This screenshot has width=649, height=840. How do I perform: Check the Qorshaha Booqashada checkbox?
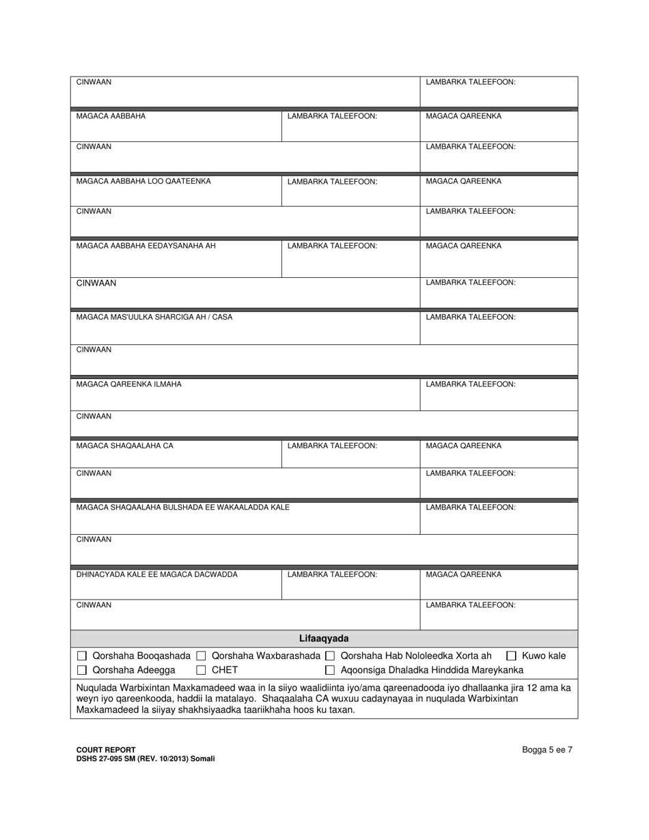coord(82,656)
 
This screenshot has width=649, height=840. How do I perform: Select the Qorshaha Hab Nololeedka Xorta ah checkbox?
coord(330,656)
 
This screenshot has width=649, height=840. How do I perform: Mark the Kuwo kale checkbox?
coord(511,656)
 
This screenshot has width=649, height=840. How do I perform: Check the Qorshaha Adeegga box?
coord(82,671)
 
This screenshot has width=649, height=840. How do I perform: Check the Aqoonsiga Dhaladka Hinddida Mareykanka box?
coord(330,671)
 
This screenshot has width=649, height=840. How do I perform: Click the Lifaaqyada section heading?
coord(324,639)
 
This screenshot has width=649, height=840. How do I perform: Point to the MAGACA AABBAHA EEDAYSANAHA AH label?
coord(146,247)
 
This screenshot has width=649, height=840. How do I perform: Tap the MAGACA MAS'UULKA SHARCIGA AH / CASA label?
coord(154,318)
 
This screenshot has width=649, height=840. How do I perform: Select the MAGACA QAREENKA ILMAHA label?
coord(129,384)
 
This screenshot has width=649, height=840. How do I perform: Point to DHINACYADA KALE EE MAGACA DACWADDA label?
coord(157,575)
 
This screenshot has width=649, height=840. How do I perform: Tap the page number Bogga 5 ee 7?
coord(547,750)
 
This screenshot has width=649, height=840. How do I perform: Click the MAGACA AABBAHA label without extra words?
coord(111,117)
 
